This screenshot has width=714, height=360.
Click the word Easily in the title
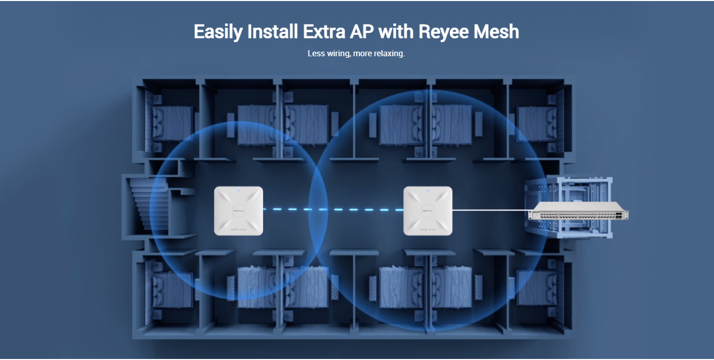[218, 32]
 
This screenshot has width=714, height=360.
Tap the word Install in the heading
[272, 32]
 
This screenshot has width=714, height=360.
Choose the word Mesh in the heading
[495, 32]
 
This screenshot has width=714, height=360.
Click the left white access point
[239, 211]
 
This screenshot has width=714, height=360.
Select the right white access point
[428, 211]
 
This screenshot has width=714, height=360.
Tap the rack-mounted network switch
[578, 211]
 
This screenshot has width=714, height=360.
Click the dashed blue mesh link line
[333, 209]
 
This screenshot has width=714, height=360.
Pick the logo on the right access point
[428, 211]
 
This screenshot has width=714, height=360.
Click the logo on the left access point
[239, 211]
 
